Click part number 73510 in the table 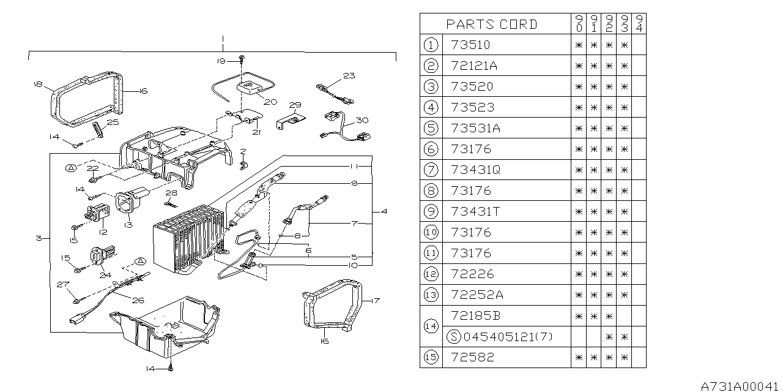pyautogui.click(x=470, y=45)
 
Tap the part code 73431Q pyautogui.click(x=475, y=170)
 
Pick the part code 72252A pyautogui.click(x=477, y=295)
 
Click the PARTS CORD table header pyautogui.click(x=491, y=24)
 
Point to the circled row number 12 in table pyautogui.click(x=431, y=274)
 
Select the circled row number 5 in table pyautogui.click(x=431, y=128)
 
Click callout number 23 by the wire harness pyautogui.click(x=348, y=76)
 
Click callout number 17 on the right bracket pyautogui.click(x=376, y=300)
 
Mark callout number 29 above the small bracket pyautogui.click(x=295, y=105)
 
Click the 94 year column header pyautogui.click(x=639, y=24)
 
